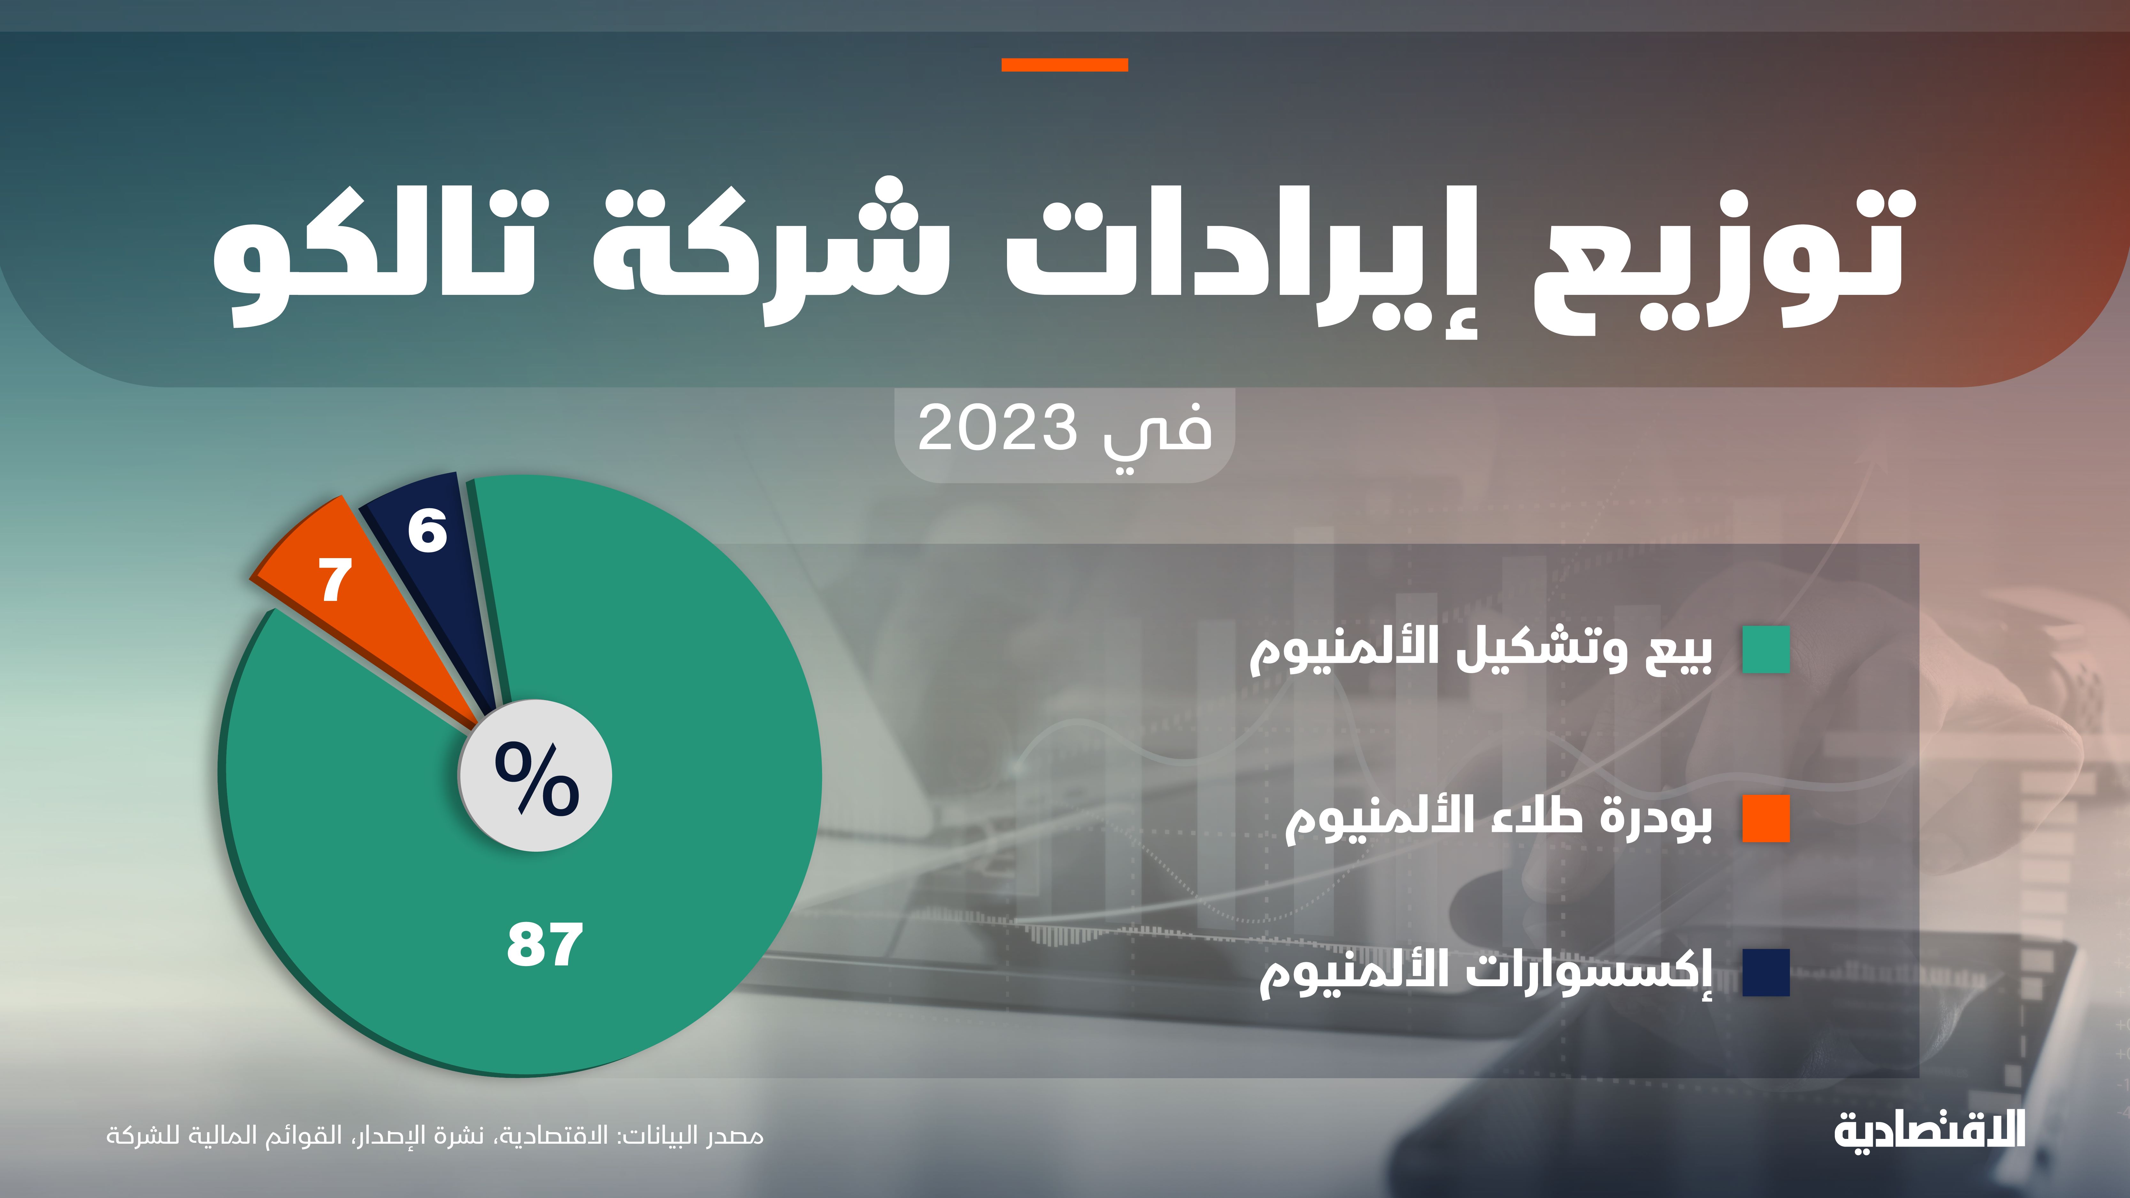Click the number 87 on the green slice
[544, 945]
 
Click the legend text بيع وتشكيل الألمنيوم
[1480, 650]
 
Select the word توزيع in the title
[1720, 256]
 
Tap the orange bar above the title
[1064, 65]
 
